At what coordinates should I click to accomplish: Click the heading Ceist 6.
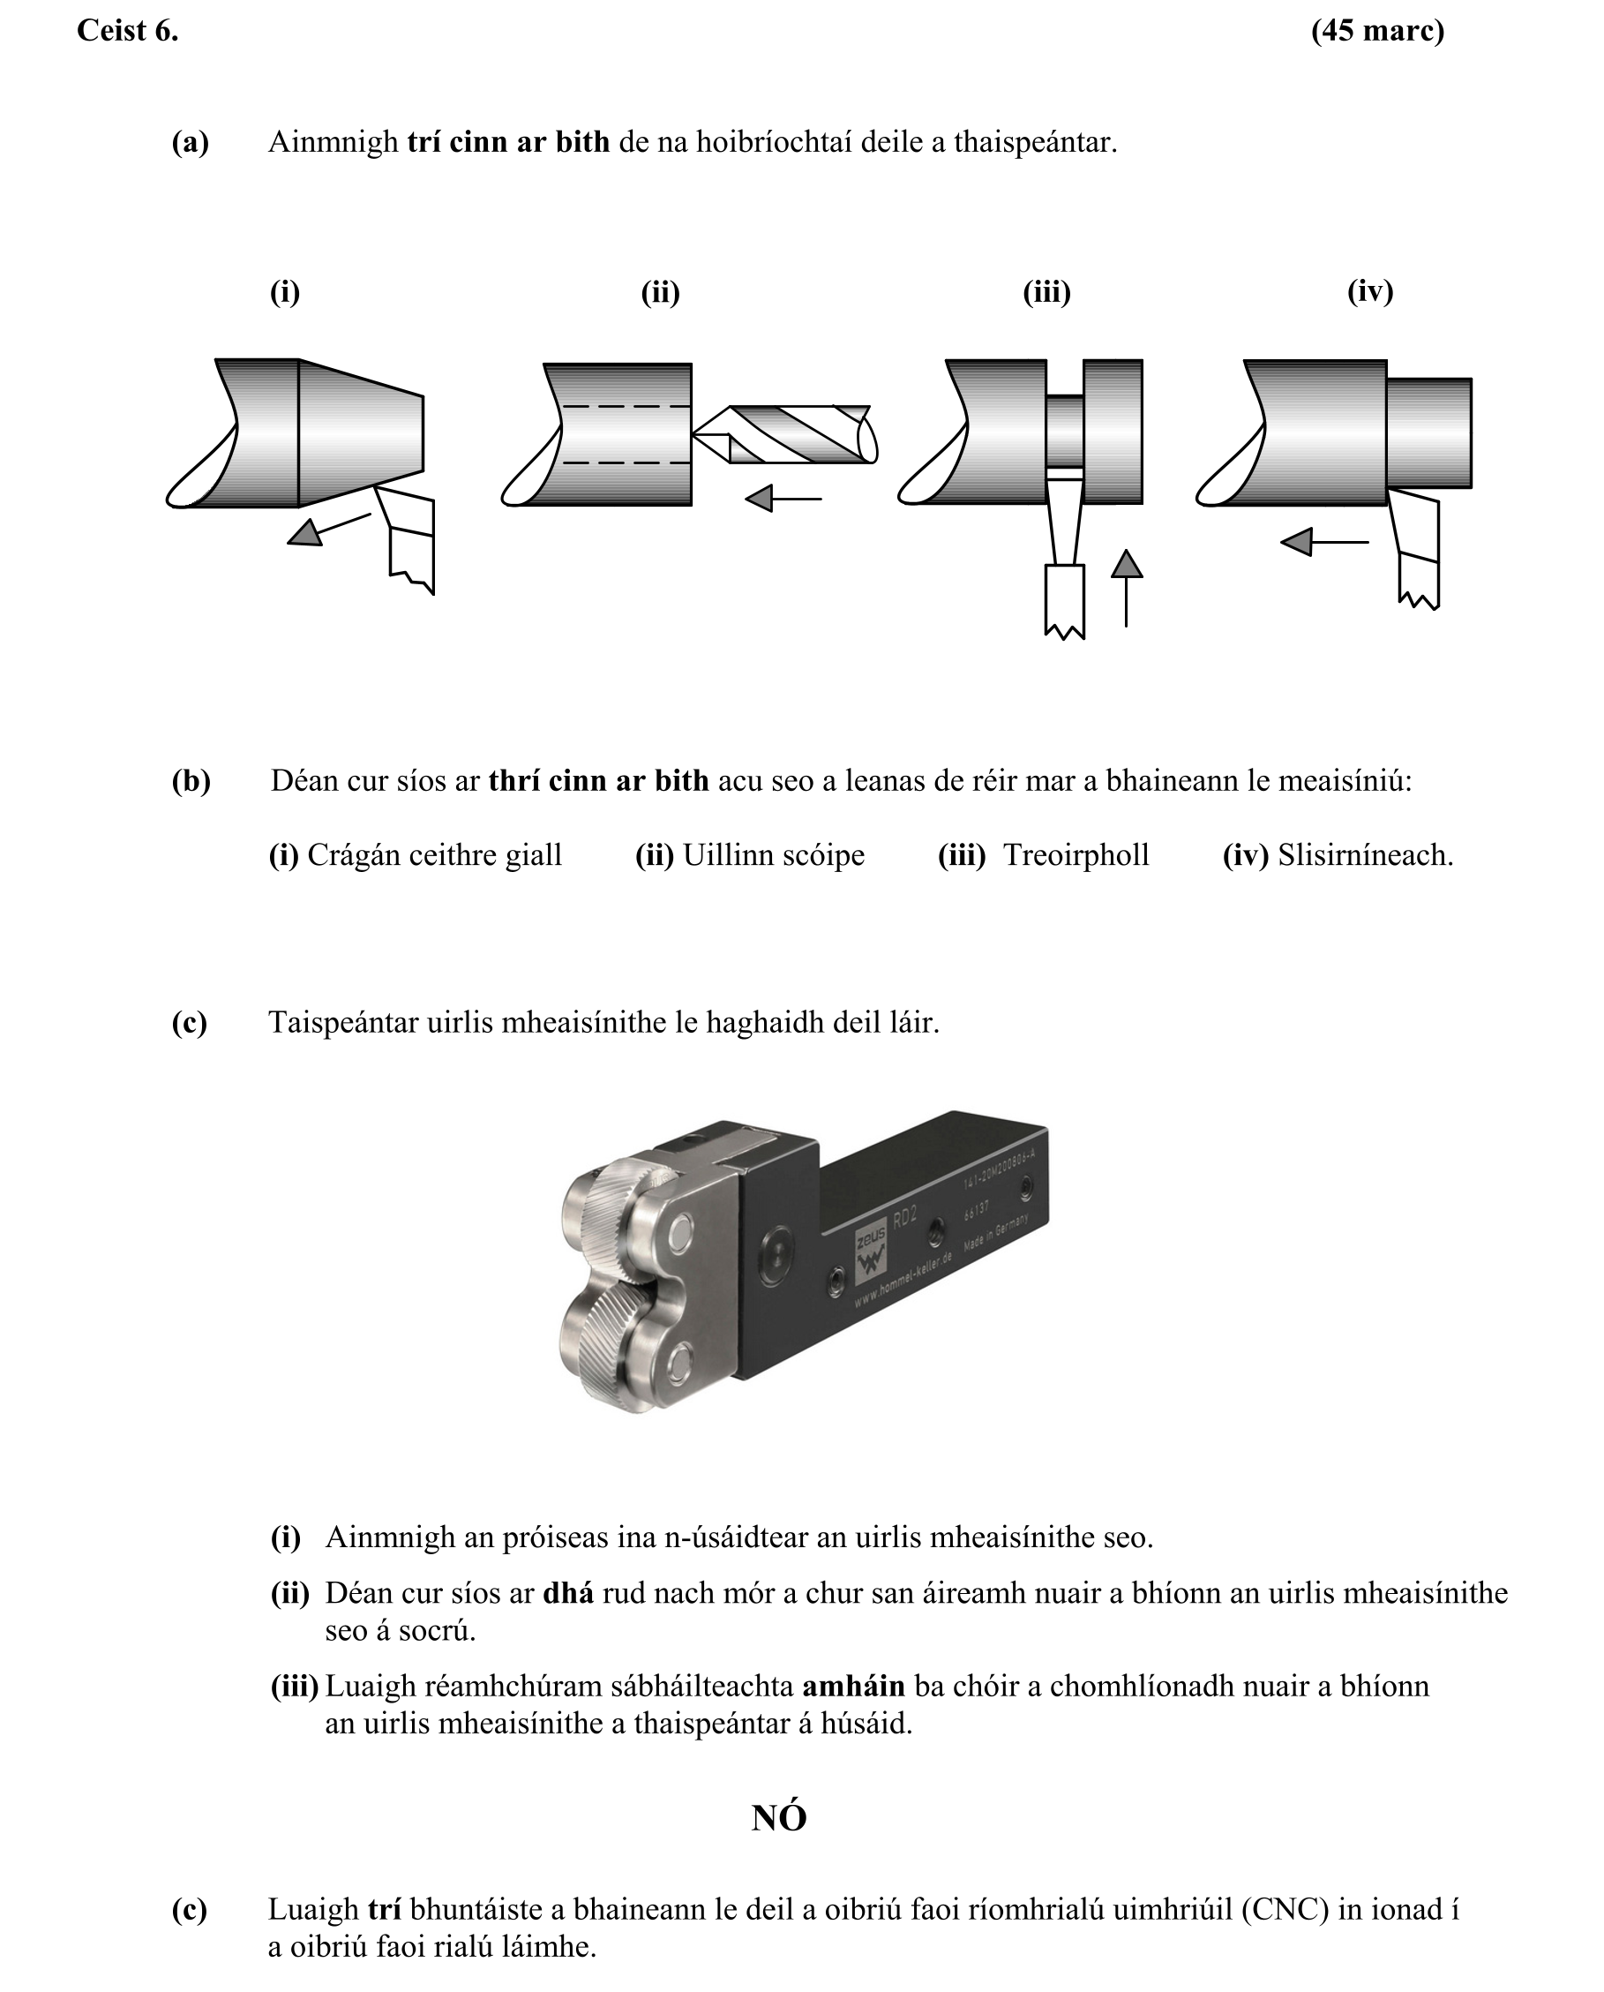coord(128,32)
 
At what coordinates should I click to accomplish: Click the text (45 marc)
coord(1375,32)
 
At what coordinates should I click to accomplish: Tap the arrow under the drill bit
coord(783,500)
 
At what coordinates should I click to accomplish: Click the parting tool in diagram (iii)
coord(1064,554)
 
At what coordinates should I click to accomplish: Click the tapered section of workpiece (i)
coord(360,432)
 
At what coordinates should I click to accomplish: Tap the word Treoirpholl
coord(1076,855)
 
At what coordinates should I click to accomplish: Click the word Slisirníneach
coord(1365,855)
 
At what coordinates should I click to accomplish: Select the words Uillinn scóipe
coord(774,855)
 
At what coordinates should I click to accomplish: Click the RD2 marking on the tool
coord(904,1218)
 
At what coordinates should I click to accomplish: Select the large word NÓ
coord(778,1817)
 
